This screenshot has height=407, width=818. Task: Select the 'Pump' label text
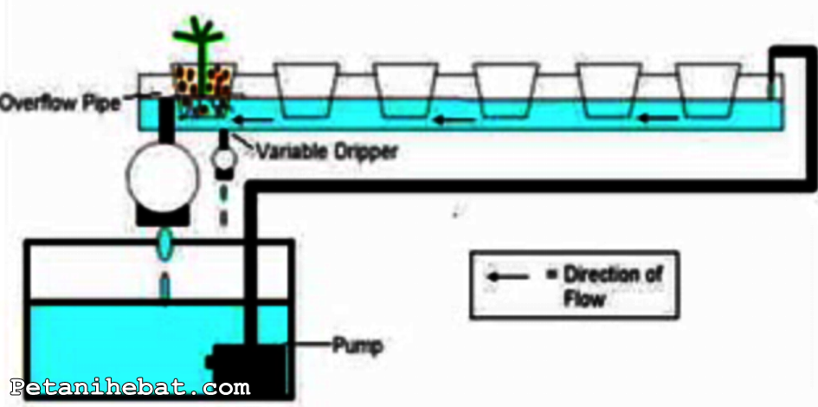click(x=357, y=346)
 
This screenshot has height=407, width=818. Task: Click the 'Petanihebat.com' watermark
click(x=130, y=387)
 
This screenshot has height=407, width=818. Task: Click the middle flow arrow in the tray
click(x=454, y=119)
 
